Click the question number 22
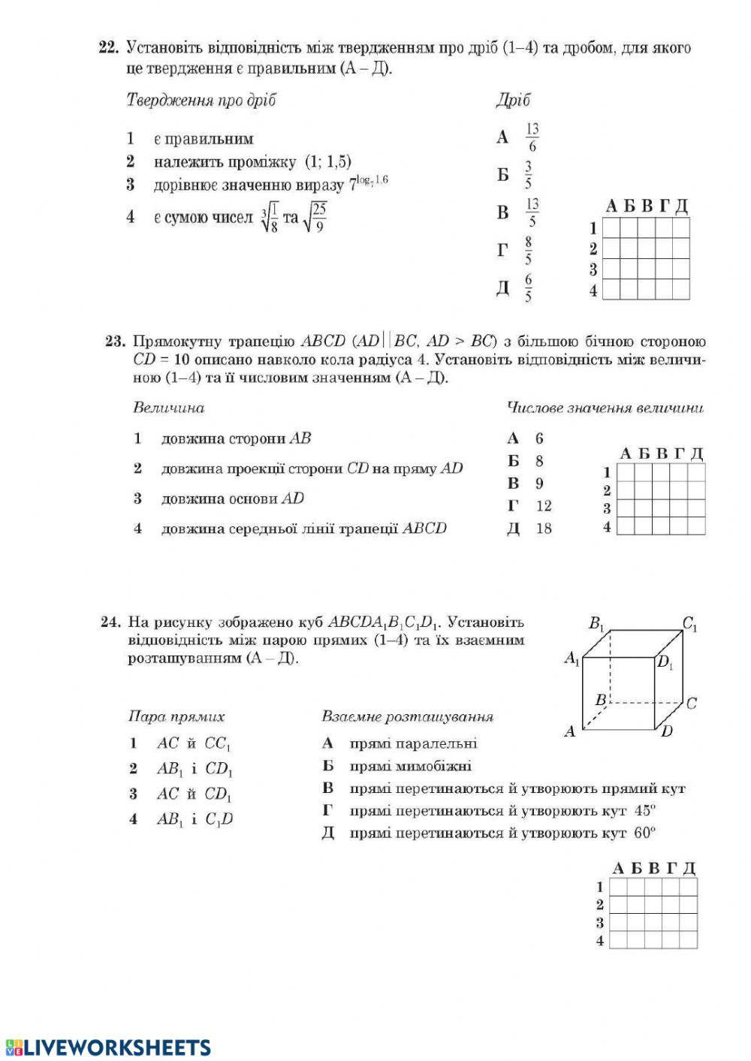click(x=108, y=48)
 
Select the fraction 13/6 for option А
click(x=532, y=137)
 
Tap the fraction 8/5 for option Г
click(x=529, y=250)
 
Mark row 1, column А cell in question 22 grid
click(x=611, y=228)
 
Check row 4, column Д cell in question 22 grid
click(x=681, y=289)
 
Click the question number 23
click(x=115, y=342)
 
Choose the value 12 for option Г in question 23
click(x=544, y=506)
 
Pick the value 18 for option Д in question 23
click(x=544, y=529)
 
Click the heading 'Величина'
click(x=169, y=408)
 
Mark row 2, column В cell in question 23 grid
click(x=662, y=490)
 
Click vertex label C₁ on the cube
click(x=689, y=622)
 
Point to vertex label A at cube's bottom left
click(x=570, y=731)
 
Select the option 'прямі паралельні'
click(x=413, y=743)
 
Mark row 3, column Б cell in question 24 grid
click(x=636, y=923)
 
